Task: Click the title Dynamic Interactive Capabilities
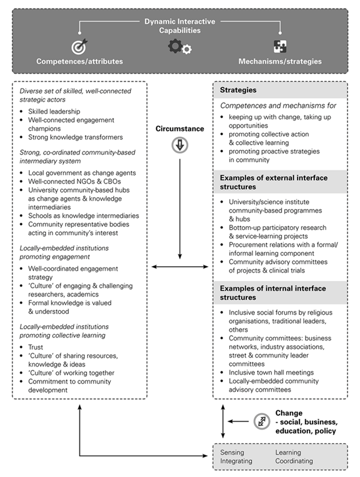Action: tap(179, 26)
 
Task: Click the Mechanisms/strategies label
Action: tap(280, 61)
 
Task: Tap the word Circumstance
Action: tap(180, 129)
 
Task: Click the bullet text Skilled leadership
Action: tap(51, 111)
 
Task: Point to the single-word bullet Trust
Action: tap(35, 347)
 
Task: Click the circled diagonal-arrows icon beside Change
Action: tap(262, 422)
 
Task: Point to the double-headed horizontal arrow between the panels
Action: tap(180, 266)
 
